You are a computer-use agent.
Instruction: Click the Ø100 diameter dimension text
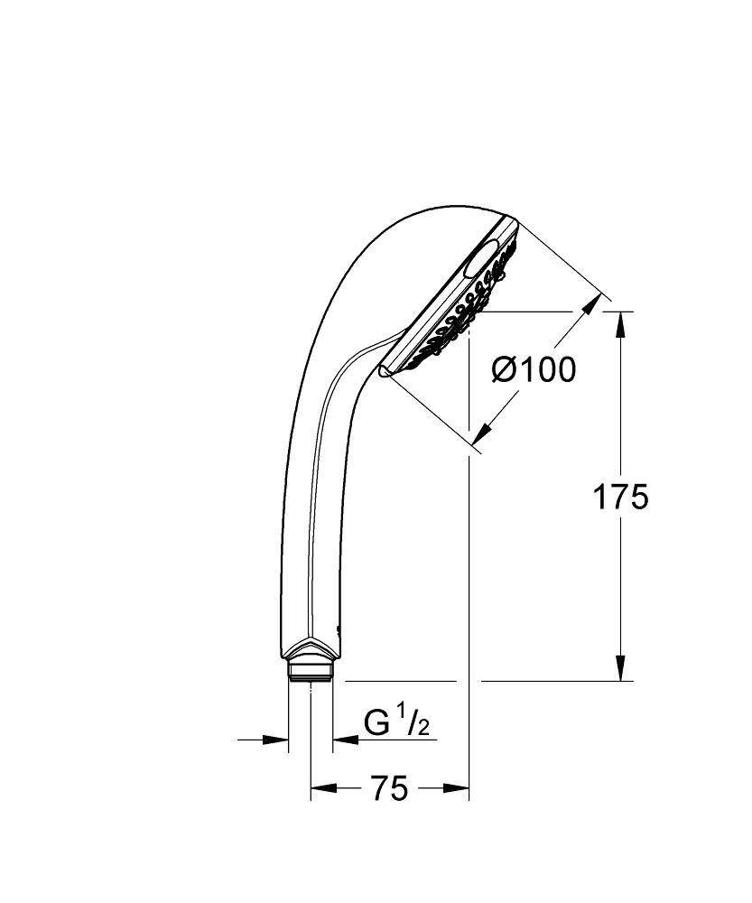tap(533, 369)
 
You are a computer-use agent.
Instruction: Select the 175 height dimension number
tap(619, 497)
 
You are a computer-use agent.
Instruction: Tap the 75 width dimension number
tap(389, 788)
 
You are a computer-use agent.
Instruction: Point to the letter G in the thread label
tap(376, 722)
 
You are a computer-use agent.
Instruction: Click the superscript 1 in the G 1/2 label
tap(399, 716)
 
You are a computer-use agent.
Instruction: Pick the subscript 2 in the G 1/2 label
tap(422, 728)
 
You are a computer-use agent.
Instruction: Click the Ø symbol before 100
tap(504, 369)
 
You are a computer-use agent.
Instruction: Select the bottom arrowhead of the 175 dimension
tap(620, 669)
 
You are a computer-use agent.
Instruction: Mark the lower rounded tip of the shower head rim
tap(385, 370)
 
